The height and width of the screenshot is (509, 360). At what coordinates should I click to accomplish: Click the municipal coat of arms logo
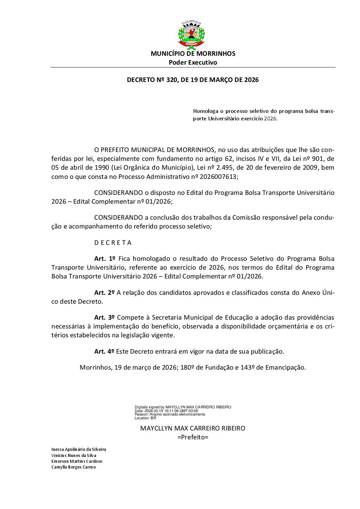point(192,35)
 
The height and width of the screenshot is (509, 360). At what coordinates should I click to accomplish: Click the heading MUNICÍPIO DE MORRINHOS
point(193,54)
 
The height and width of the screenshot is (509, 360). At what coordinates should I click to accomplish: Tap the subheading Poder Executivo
point(193,63)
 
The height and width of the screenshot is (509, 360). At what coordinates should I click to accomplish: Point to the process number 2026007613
point(218,177)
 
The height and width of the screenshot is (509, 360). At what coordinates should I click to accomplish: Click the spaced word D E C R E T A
point(113,243)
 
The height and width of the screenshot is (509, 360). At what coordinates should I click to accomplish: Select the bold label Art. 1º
point(105,259)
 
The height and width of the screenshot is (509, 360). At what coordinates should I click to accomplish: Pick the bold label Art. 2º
point(104,293)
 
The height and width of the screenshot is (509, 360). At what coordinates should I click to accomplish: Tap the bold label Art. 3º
point(104,318)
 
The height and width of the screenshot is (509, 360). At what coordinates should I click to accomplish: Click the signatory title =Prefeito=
point(193,437)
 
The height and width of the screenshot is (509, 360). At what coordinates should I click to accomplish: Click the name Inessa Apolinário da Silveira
point(79,449)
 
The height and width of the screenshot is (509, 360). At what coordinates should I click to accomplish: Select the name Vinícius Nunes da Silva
point(74,456)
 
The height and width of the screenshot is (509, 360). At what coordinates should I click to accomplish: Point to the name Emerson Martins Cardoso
point(77,461)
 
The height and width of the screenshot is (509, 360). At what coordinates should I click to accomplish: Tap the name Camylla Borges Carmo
point(73,467)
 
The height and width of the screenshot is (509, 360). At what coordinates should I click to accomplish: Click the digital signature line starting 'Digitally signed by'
point(183,407)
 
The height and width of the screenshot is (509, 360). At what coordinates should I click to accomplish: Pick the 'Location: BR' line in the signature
point(145,418)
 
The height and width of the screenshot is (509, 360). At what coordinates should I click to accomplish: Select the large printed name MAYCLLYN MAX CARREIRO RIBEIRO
point(193,428)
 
